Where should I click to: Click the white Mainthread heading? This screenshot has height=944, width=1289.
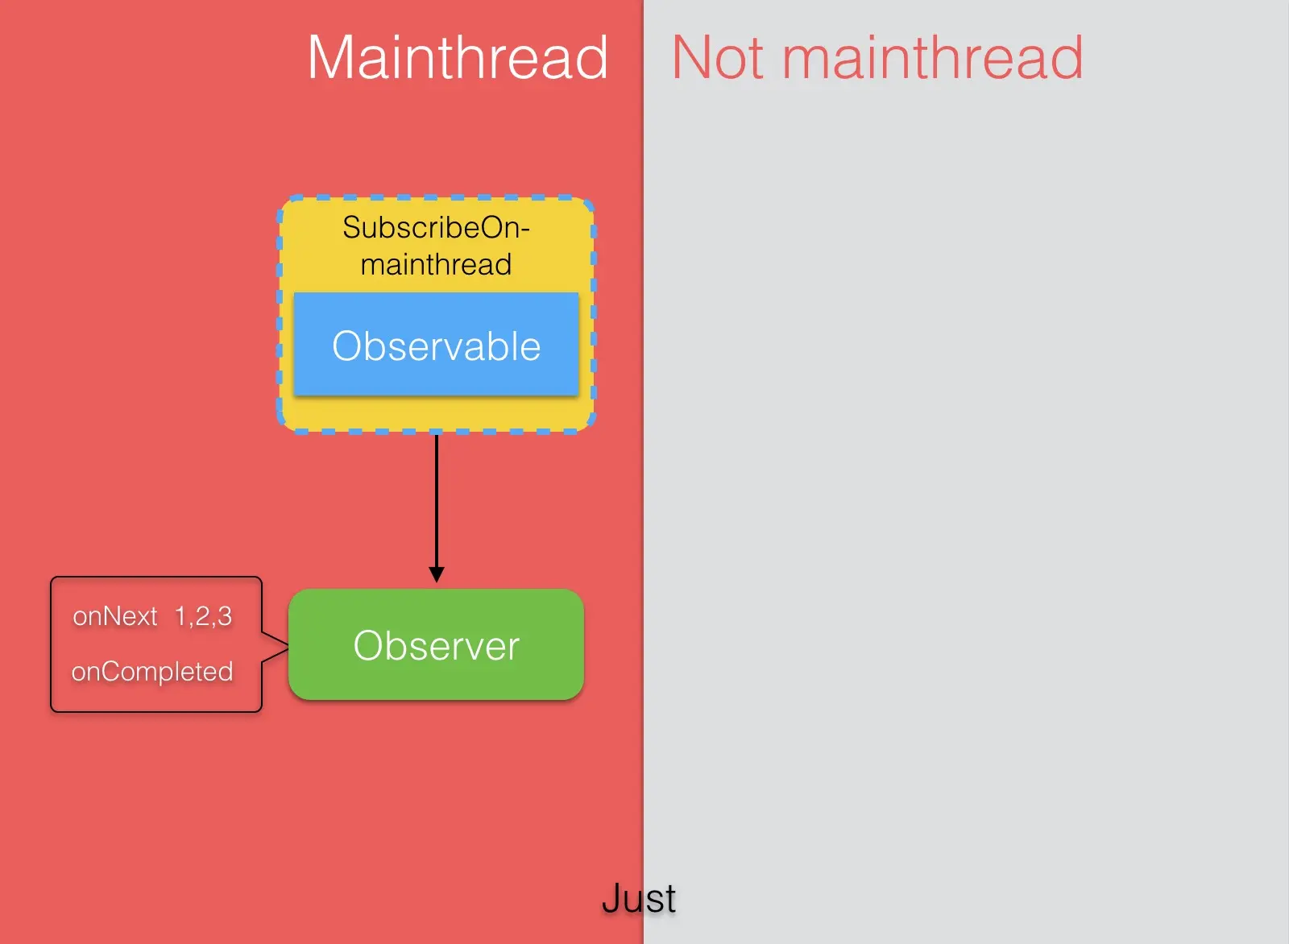point(458,58)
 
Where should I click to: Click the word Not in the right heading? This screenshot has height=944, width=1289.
point(718,58)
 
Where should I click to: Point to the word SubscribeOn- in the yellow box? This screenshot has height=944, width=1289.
point(436,228)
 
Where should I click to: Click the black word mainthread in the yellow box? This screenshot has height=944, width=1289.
point(436,264)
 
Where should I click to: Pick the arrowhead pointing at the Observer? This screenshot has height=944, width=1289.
point(437,574)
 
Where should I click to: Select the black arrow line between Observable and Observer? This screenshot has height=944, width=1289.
point(437,499)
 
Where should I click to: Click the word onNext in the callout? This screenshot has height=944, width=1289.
point(114,616)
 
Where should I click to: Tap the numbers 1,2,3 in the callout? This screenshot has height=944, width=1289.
point(203,616)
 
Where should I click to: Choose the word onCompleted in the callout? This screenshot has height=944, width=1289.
point(152,672)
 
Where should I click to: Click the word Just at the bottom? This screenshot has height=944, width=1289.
point(639,898)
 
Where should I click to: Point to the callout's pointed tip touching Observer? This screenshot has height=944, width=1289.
point(286,646)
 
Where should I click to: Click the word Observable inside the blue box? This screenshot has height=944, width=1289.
point(436,346)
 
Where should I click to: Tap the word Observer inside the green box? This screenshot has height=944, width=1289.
point(436,646)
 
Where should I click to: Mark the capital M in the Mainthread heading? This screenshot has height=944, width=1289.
point(332,58)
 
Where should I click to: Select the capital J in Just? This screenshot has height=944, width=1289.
point(611,898)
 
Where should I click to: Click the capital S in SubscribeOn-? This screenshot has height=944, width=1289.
point(351,228)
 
